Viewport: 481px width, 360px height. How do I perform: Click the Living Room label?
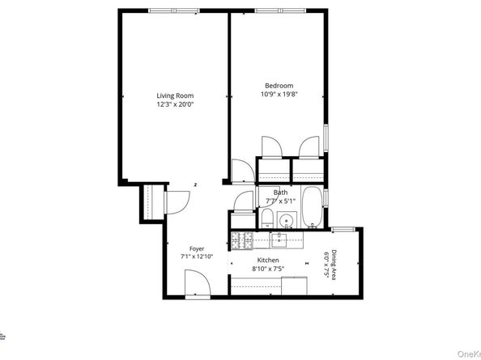[175, 95]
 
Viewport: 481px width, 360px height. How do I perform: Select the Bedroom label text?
[279, 86]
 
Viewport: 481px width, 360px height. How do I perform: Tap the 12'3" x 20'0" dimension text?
[175, 104]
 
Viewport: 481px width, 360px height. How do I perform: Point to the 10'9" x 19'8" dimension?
[279, 94]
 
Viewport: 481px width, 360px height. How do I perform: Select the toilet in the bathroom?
[266, 217]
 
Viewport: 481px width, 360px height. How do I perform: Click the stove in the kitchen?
[240, 239]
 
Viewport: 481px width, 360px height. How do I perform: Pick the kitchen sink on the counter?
[281, 239]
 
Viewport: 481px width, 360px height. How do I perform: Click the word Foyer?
[197, 248]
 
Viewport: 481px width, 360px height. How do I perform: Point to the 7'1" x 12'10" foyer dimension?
[197, 256]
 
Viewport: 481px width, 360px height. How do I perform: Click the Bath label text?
[280, 193]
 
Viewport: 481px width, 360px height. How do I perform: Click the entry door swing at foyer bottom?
[195, 283]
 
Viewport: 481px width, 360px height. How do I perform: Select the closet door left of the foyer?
[171, 201]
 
